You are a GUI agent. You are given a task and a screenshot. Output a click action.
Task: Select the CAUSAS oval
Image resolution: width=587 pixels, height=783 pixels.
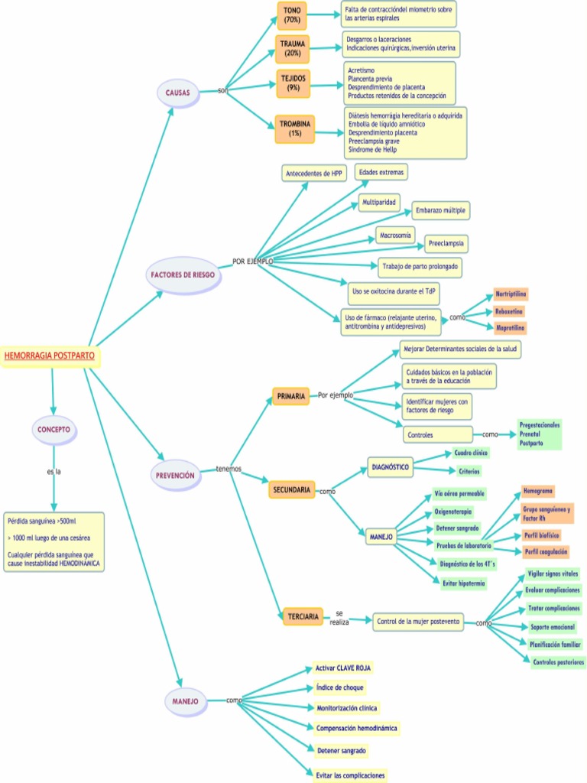coord(177,93)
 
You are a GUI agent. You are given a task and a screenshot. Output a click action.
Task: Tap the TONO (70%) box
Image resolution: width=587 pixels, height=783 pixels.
coord(292,15)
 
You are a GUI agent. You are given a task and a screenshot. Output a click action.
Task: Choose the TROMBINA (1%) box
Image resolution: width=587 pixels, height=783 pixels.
coord(294,128)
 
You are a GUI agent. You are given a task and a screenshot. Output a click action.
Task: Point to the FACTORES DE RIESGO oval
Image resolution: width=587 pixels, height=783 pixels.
coord(183,274)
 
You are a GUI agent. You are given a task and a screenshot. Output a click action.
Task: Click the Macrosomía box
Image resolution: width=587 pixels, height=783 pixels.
coord(396,236)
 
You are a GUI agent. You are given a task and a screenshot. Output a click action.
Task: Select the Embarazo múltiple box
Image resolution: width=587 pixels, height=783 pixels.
coord(440,210)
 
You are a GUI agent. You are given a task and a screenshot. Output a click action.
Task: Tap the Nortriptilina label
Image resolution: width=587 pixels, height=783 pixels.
coord(511,294)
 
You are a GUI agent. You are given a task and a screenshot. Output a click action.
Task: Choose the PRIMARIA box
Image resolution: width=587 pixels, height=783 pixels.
coord(290,396)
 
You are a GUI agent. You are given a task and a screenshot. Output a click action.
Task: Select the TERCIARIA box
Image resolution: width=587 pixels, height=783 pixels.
coord(303,616)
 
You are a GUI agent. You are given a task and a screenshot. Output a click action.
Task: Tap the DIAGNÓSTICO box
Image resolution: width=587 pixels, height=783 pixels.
coord(390,466)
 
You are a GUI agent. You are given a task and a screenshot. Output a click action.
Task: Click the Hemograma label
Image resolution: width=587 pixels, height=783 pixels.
coord(538,490)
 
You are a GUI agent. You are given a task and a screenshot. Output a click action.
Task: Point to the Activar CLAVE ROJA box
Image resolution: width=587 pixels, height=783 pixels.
coord(343,668)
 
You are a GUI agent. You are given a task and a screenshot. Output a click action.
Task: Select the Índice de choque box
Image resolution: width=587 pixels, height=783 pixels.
coord(339,687)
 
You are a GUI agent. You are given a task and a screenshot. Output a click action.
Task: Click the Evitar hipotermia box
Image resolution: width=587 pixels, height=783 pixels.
coord(463,583)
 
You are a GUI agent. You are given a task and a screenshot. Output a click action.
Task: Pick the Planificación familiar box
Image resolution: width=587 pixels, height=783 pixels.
coord(555,644)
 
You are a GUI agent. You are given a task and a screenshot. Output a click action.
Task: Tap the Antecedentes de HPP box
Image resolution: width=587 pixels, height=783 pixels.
coord(314,174)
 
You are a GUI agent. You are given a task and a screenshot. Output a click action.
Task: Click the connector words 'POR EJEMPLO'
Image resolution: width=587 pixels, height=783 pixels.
coord(252,262)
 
